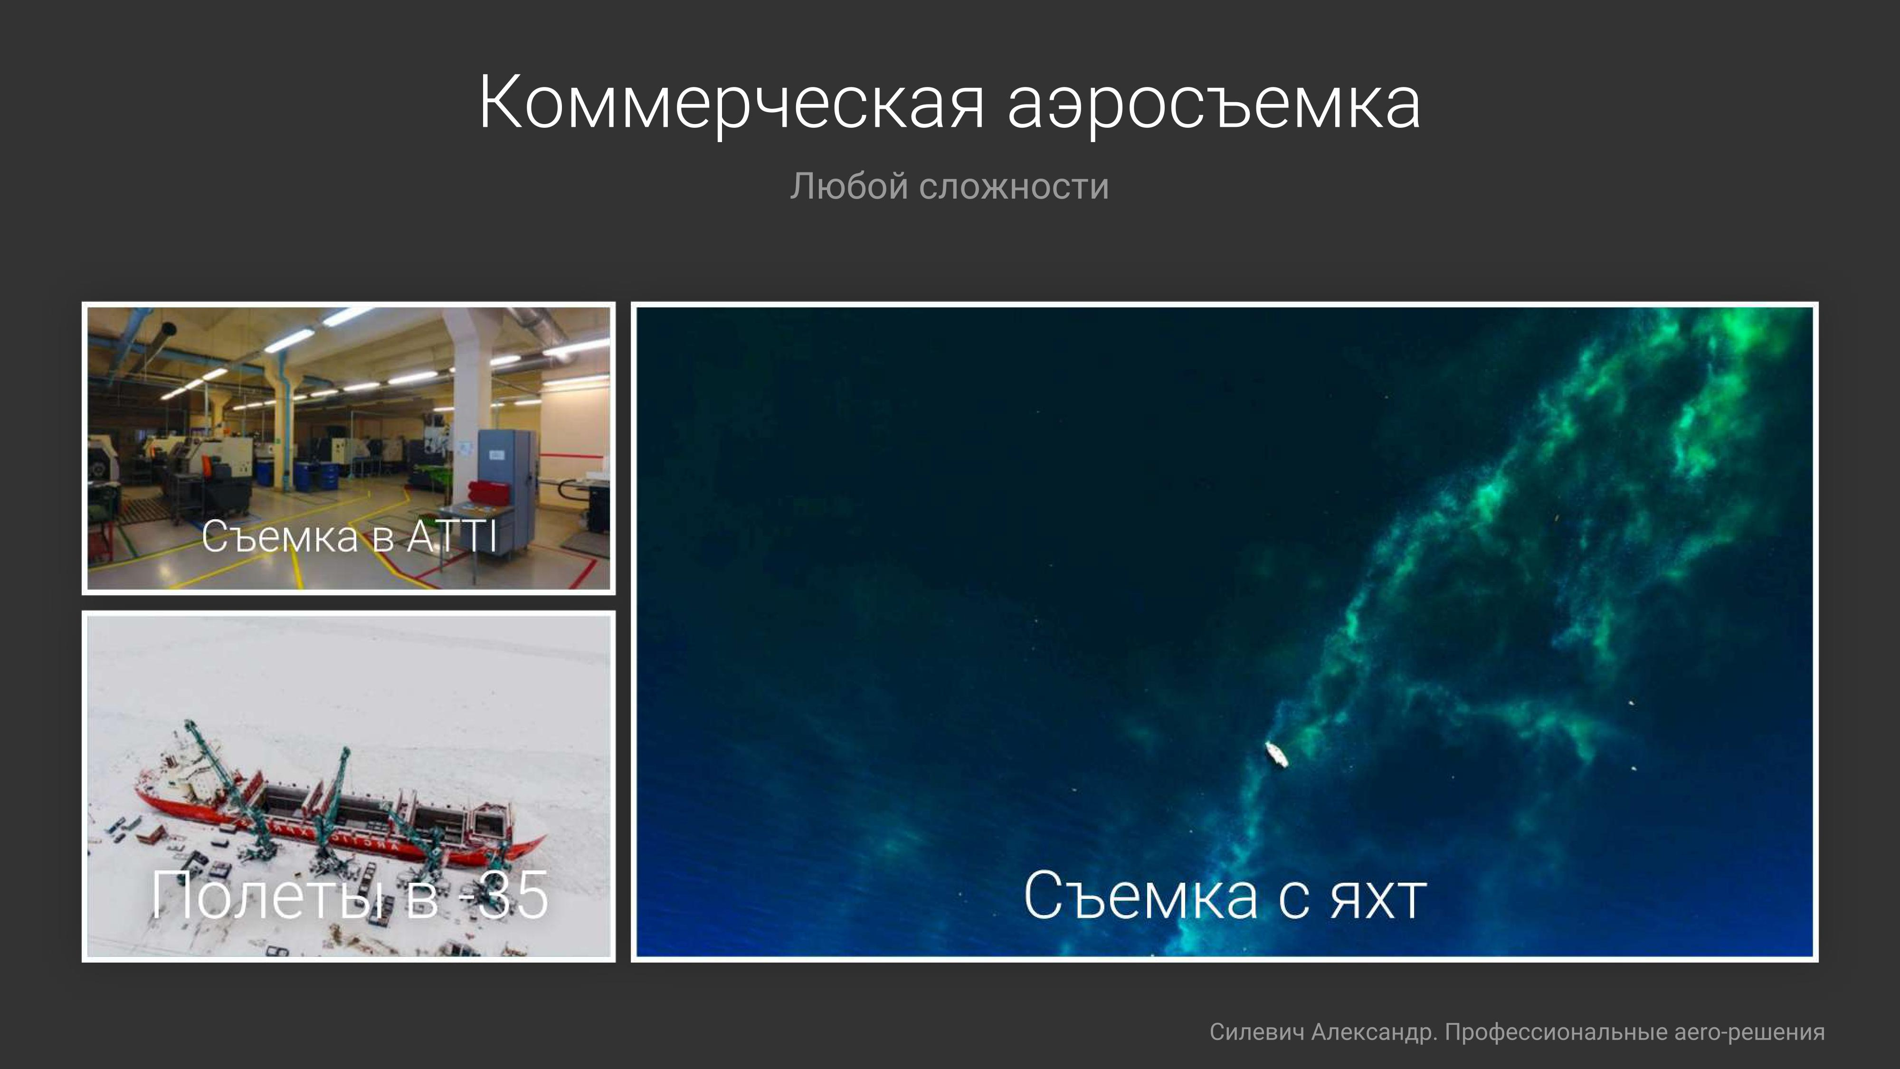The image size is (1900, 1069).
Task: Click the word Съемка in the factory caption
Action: (x=280, y=536)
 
